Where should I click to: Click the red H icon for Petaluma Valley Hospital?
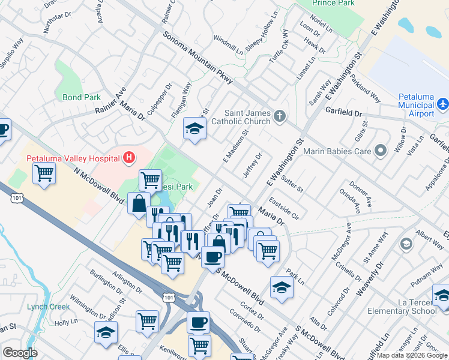click(x=128, y=158)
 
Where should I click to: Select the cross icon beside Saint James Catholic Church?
click(x=279, y=116)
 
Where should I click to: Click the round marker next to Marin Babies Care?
click(x=379, y=151)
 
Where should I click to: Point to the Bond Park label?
click(x=82, y=97)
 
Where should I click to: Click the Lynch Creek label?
click(x=48, y=307)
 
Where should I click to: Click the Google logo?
click(x=20, y=353)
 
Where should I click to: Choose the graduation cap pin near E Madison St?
click(x=194, y=129)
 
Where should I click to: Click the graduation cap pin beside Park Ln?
click(x=282, y=287)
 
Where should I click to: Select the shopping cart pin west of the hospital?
click(x=44, y=175)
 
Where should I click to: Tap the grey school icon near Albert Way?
click(x=406, y=244)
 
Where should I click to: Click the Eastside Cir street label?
click(x=284, y=208)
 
